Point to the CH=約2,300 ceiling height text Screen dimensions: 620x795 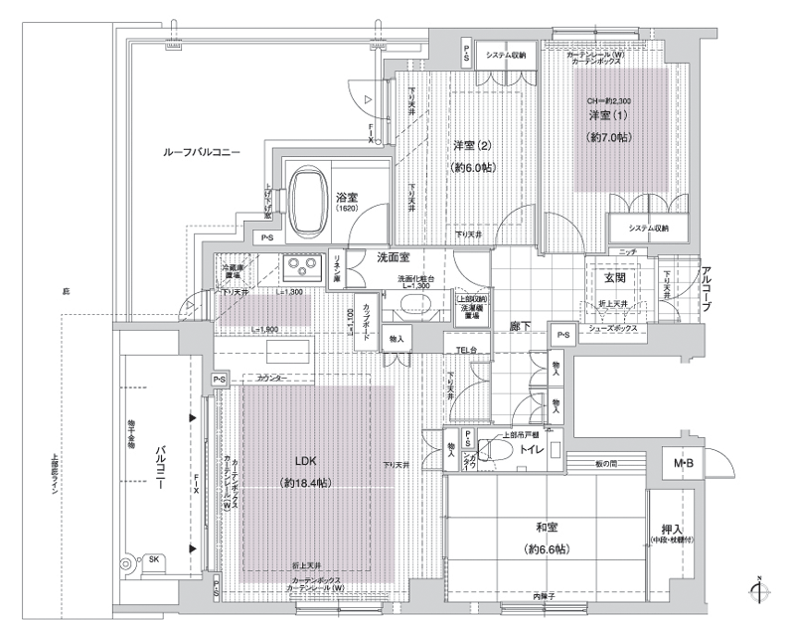[608, 101]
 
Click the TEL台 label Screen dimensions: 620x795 [467, 349]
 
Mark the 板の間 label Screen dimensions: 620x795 [607, 465]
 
